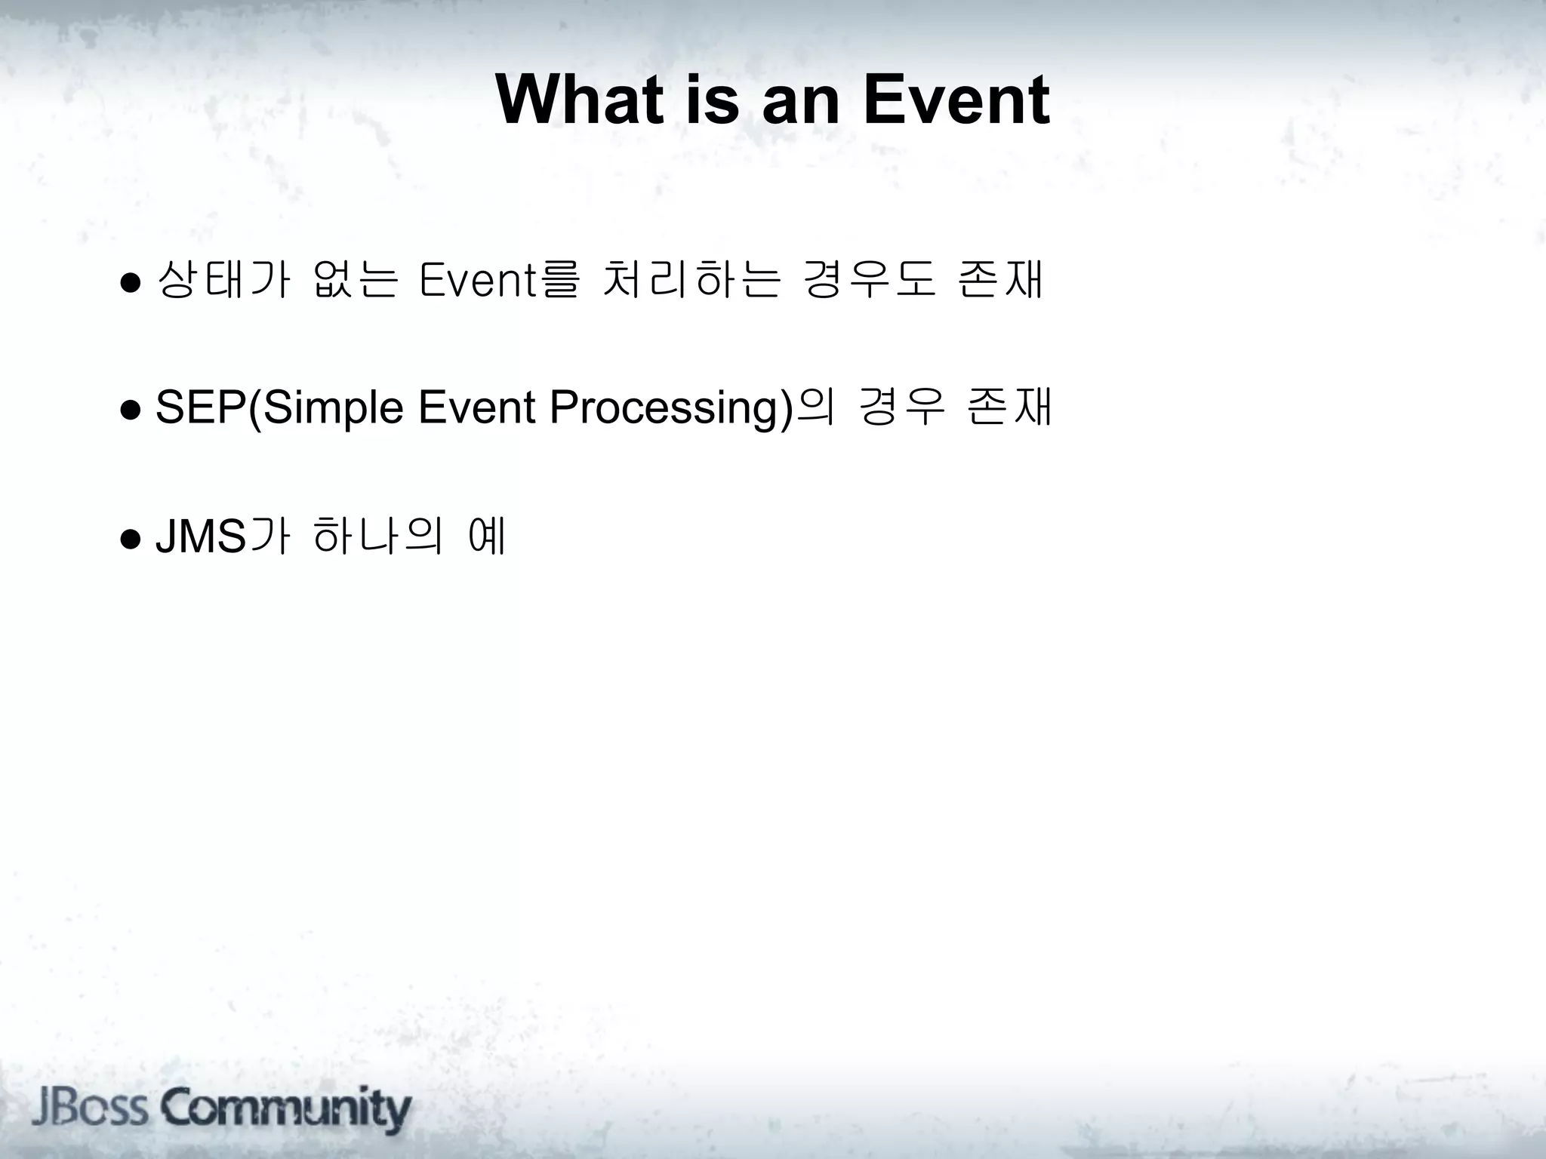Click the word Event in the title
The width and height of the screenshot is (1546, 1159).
coord(956,100)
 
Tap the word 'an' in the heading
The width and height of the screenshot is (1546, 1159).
coord(799,100)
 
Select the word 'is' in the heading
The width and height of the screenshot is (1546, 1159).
coord(713,100)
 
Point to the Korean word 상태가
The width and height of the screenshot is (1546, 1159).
coord(223,279)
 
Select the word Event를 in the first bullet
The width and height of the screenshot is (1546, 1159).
coord(499,279)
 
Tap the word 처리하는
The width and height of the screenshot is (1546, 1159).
coord(690,279)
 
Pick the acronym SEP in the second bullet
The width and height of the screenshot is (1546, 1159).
coord(201,408)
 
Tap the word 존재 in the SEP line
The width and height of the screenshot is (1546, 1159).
coord(1009,408)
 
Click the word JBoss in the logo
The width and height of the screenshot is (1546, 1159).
coord(90,1108)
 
